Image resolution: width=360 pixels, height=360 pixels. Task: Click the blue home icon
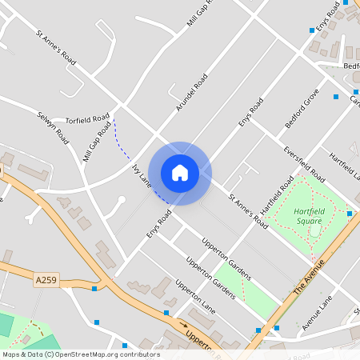click(180, 172)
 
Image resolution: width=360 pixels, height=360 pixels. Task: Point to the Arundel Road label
click(191, 92)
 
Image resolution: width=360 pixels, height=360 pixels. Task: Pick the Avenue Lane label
click(317, 313)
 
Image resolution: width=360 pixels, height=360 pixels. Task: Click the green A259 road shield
click(46, 280)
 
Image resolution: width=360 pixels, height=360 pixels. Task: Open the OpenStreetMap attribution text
click(80, 354)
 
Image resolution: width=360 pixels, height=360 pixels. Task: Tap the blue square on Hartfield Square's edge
click(350, 214)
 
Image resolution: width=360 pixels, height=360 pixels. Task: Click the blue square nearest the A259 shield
click(94, 288)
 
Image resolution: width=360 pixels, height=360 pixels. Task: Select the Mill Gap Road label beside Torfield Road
click(97, 141)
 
